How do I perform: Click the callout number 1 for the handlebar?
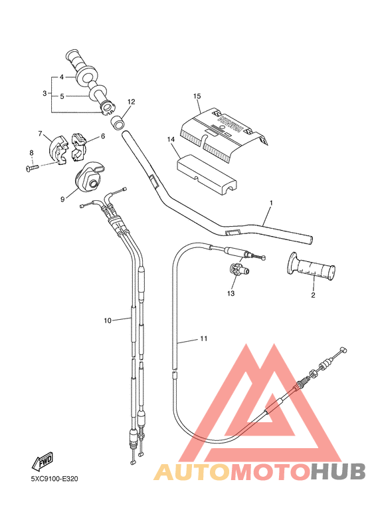pos(271,201)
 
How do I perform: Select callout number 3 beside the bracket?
pos(45,93)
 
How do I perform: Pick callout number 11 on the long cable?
pos(204,339)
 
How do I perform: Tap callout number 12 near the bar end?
pos(131,102)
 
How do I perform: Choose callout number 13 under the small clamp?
pos(231,293)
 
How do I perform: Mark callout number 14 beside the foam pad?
pos(171,140)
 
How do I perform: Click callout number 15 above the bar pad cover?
pos(197,96)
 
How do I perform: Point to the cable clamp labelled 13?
pos(234,269)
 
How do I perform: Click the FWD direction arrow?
pos(43,461)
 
